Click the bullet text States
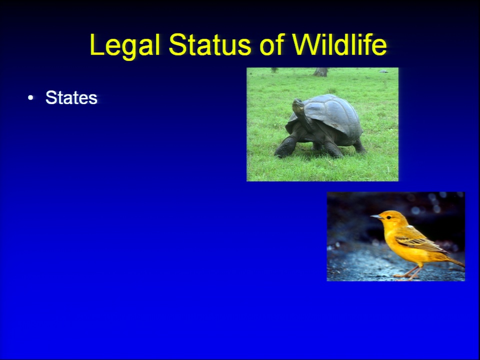pos(71,97)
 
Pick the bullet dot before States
pos(30,98)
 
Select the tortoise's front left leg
pos(286,146)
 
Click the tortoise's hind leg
pos(359,146)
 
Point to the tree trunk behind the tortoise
pos(320,72)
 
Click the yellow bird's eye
pos(388,217)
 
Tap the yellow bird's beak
pos(376,216)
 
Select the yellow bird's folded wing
pos(419,242)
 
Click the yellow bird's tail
pos(455,260)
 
